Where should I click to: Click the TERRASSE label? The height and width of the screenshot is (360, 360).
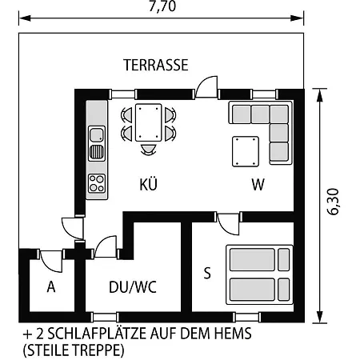tap(156, 65)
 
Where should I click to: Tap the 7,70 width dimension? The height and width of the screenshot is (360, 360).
tap(162, 6)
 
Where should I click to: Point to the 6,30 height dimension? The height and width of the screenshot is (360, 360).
tap(333, 202)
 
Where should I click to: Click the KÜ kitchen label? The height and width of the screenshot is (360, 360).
tap(149, 183)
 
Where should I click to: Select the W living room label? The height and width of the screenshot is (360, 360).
tap(258, 184)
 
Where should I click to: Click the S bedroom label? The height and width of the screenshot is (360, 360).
tap(207, 273)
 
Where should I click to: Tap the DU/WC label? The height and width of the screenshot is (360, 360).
tap(133, 287)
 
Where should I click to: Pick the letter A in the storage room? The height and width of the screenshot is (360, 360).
tap(51, 287)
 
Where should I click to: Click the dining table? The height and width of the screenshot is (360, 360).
tap(149, 122)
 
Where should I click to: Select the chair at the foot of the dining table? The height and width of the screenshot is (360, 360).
tap(148, 150)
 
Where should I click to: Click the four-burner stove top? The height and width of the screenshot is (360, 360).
tap(97, 183)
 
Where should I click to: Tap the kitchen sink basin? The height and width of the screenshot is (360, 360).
tap(97, 135)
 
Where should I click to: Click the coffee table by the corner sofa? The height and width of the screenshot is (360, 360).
tap(246, 151)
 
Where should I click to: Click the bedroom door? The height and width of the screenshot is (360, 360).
tap(228, 223)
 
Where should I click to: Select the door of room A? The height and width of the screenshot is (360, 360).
tap(51, 261)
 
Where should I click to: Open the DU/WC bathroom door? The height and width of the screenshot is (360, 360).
tap(106, 246)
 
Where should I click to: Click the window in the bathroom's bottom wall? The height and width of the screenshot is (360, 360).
tap(105, 318)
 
